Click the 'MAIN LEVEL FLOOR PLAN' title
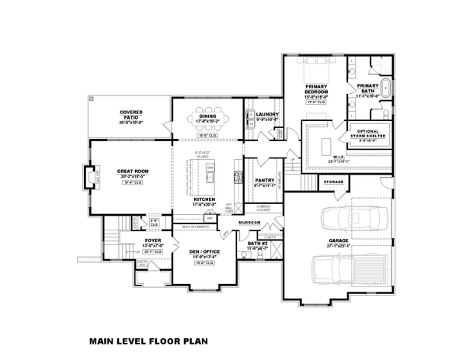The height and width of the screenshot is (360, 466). tap(148, 340)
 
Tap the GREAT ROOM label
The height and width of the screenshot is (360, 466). tap(129, 171)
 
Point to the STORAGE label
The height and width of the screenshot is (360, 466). tap(333, 182)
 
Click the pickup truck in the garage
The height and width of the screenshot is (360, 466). tap(333, 271)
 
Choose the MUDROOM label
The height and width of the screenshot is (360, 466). tap(249, 222)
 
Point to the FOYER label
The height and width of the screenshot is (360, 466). tap(152, 241)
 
